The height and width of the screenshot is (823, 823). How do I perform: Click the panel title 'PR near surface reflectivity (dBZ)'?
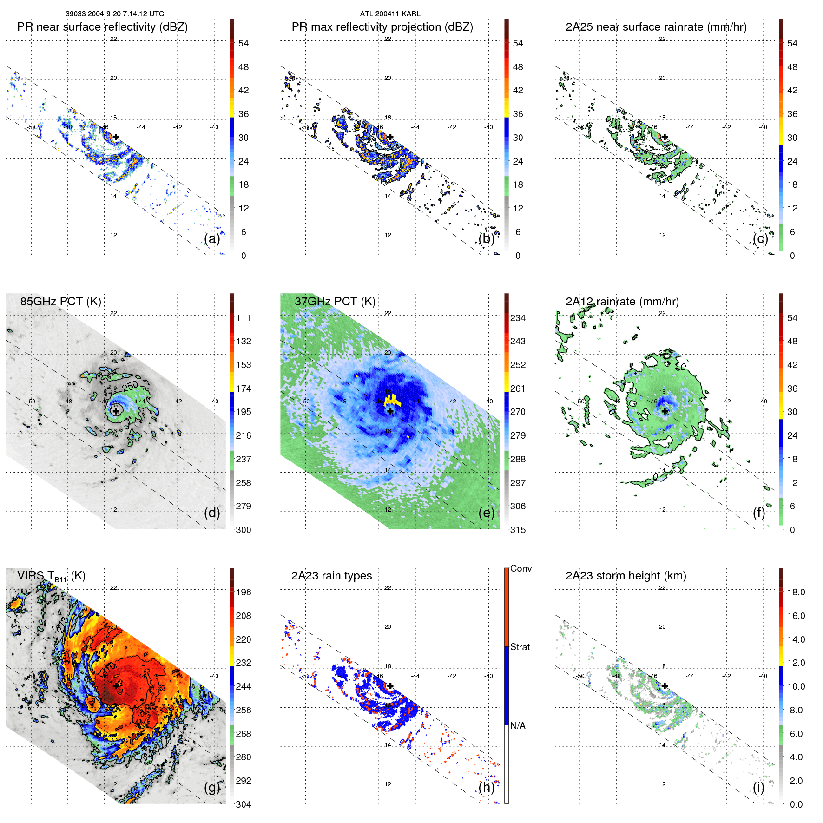(x=102, y=27)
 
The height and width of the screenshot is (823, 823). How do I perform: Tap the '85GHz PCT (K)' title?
(x=60, y=302)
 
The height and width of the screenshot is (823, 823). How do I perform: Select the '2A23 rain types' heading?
(x=331, y=576)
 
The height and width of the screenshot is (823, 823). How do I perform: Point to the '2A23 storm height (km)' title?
(x=625, y=576)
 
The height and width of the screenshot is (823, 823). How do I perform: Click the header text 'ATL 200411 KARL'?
(x=390, y=14)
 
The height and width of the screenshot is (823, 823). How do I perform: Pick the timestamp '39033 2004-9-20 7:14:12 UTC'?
(x=114, y=14)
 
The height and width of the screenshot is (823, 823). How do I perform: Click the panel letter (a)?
(x=212, y=239)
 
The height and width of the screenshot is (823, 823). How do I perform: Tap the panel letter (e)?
(x=486, y=513)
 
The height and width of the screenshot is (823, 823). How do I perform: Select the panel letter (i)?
(x=758, y=787)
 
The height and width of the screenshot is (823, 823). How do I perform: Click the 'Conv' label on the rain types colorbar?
(x=520, y=569)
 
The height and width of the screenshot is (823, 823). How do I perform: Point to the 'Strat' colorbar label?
(x=520, y=647)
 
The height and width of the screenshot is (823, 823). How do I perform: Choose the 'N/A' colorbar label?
(x=518, y=726)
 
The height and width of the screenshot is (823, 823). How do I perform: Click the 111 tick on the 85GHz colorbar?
(x=244, y=318)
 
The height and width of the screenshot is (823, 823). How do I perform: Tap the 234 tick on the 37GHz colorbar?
(x=518, y=318)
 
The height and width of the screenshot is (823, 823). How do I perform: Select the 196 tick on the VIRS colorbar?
(x=244, y=593)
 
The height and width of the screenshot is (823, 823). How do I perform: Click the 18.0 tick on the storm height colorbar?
(x=796, y=593)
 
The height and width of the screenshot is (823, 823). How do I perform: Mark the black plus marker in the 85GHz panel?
(x=116, y=411)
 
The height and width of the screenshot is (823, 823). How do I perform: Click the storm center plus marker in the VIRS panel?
(x=116, y=685)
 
